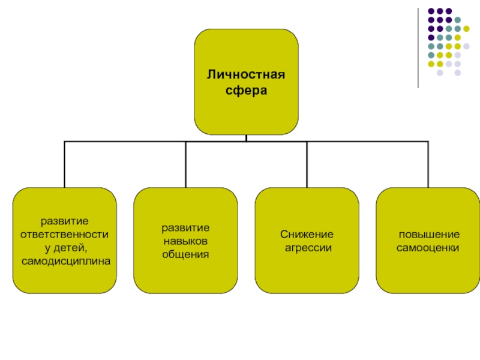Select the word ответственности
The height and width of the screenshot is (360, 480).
pyautogui.click(x=65, y=234)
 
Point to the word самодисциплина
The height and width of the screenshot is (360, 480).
pyautogui.click(x=66, y=262)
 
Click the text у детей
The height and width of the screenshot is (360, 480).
pyautogui.click(x=64, y=248)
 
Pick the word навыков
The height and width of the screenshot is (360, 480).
pyautogui.click(x=185, y=241)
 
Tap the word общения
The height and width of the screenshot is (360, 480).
pyautogui.click(x=185, y=254)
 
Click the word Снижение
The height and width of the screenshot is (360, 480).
pyautogui.click(x=307, y=234)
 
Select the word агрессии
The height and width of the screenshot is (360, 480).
pyautogui.click(x=307, y=247)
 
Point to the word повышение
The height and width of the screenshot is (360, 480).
pyautogui.click(x=428, y=234)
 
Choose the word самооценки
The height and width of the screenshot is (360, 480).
pyautogui.click(x=428, y=247)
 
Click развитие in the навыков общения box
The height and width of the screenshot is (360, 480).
pyautogui.click(x=185, y=228)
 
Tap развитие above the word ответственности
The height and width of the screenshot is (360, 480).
pyautogui.click(x=65, y=221)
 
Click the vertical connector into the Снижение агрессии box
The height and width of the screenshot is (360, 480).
pyautogui.click(x=307, y=164)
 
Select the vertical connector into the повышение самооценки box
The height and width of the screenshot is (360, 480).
pyautogui.click(x=428, y=164)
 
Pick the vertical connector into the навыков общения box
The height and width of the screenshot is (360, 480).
pyautogui.click(x=185, y=164)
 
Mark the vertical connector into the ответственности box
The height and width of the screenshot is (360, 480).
pyautogui.click(x=65, y=164)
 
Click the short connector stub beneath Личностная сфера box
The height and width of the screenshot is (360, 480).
pyautogui.click(x=246, y=138)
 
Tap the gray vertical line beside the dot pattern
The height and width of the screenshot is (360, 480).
pyautogui.click(x=419, y=48)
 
